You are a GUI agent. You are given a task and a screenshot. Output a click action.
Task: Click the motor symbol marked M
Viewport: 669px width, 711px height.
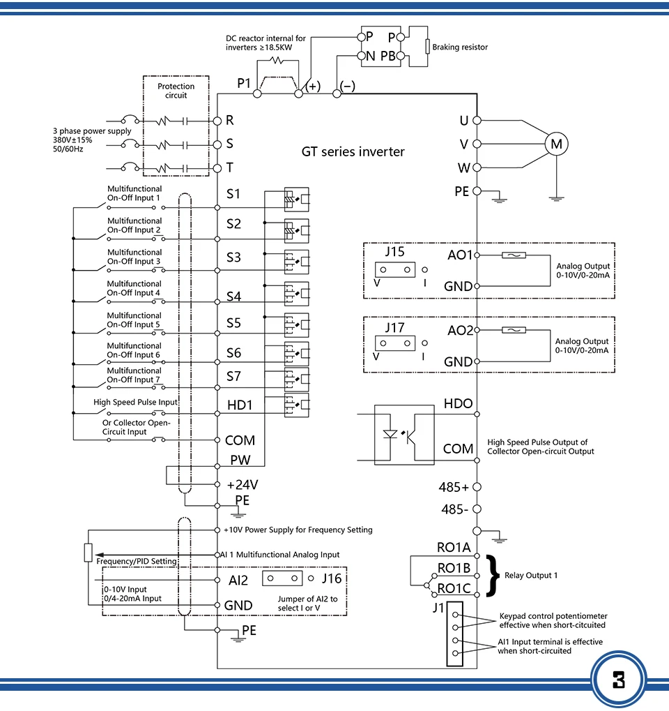point(556,144)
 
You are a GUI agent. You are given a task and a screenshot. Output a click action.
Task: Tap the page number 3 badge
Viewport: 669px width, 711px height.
point(619,680)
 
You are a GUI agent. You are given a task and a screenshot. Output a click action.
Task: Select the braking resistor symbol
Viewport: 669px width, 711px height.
point(427,46)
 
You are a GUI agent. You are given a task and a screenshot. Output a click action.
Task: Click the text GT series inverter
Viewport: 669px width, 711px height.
point(353,151)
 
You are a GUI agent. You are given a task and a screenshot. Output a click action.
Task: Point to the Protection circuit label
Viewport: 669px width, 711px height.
point(176,91)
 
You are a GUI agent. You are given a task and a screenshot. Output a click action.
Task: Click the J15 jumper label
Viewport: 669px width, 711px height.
point(394,252)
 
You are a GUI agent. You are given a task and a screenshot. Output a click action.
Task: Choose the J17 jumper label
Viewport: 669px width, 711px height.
point(394,327)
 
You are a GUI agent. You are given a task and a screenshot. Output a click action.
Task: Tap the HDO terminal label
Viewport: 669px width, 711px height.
point(458,403)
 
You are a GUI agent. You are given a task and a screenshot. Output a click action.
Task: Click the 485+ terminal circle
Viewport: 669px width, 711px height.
point(477,487)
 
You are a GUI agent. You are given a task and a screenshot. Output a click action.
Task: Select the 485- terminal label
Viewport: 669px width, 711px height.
point(455,509)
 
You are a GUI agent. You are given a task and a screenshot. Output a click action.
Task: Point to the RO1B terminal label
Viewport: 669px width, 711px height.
point(454,568)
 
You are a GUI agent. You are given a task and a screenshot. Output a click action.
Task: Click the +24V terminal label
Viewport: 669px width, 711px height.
point(243,485)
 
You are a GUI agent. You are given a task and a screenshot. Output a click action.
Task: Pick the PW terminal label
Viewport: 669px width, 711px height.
point(240,460)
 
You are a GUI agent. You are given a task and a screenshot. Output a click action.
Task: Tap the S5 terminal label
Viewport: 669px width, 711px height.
point(233,323)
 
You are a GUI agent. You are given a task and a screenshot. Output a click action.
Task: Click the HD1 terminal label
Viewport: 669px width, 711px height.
point(240,405)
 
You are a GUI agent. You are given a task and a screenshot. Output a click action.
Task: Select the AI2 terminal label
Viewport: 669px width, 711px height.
point(238,581)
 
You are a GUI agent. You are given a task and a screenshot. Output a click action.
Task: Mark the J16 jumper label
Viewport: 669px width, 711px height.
point(332,578)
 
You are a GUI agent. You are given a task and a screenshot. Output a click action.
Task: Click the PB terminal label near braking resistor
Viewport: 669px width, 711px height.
point(388,56)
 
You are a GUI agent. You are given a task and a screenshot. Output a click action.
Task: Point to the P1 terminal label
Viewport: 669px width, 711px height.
point(244,83)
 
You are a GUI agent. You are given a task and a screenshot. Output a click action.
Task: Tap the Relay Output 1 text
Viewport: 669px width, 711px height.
point(531,576)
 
